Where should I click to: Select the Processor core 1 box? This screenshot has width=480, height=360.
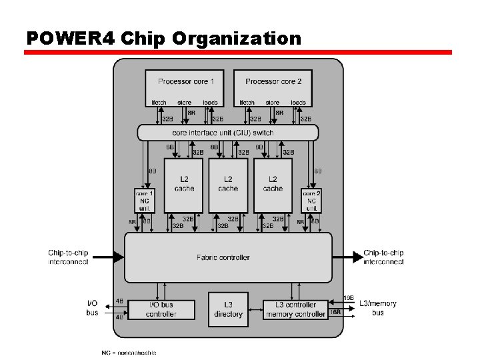click(x=186, y=87)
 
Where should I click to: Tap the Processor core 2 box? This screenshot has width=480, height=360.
click(x=273, y=87)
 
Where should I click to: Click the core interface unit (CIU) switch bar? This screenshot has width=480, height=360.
click(x=227, y=133)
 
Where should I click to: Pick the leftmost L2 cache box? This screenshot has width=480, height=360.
click(x=184, y=184)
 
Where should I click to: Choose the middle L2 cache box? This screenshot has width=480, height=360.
click(x=228, y=184)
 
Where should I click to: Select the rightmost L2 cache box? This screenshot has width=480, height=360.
click(x=273, y=184)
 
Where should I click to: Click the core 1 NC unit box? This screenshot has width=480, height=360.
click(x=145, y=201)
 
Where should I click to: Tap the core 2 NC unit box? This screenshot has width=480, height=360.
click(x=311, y=201)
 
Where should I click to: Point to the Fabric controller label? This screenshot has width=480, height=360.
click(x=223, y=257)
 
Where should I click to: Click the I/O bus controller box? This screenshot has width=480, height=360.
click(x=161, y=309)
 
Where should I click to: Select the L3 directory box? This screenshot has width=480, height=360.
click(x=228, y=309)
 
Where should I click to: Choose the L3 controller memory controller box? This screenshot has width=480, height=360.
click(x=295, y=309)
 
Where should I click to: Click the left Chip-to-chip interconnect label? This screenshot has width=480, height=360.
click(x=68, y=257)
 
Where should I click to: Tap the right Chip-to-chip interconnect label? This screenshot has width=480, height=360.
click(x=383, y=257)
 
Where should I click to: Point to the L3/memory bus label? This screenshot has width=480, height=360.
click(x=378, y=308)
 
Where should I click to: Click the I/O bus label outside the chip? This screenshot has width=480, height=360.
click(x=92, y=308)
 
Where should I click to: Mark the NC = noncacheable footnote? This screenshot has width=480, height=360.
click(x=129, y=352)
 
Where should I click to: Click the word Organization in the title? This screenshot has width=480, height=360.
click(x=237, y=38)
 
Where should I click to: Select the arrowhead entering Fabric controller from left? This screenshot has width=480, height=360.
click(x=119, y=257)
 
